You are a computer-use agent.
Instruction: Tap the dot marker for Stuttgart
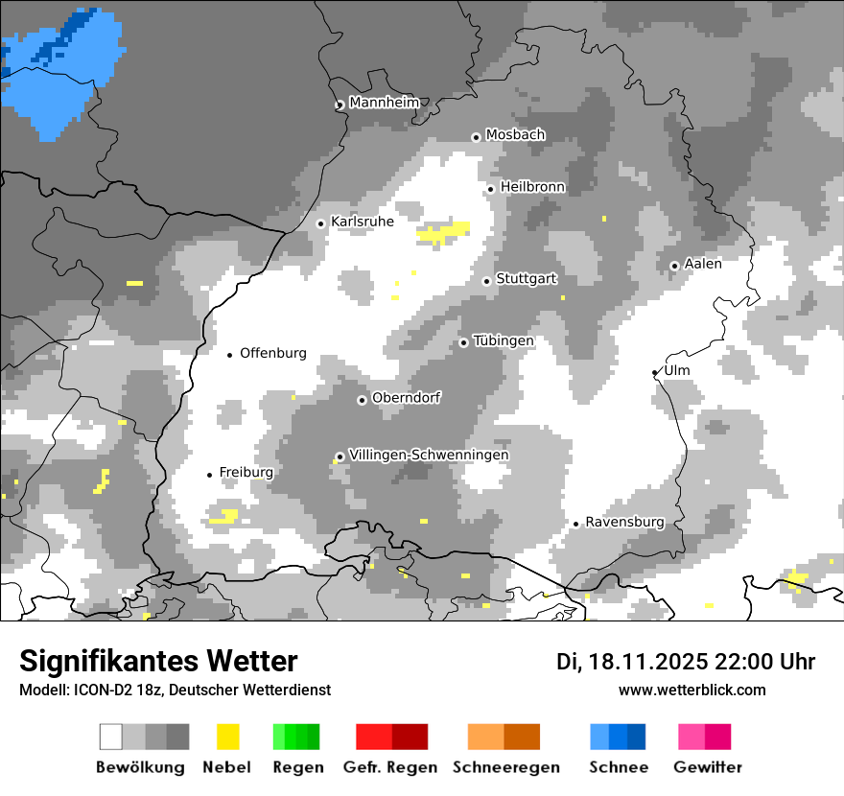(x=487, y=281)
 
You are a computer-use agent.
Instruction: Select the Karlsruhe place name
(x=362, y=222)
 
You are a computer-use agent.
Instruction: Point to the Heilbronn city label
(x=532, y=187)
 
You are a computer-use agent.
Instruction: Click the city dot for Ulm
(x=655, y=372)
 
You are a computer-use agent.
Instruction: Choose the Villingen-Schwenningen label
(x=429, y=455)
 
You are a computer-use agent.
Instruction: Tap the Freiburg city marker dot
(x=209, y=475)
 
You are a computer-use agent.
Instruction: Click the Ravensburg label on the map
(x=624, y=522)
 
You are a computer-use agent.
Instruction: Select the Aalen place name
(x=703, y=264)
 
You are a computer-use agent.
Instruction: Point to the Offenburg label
(x=273, y=353)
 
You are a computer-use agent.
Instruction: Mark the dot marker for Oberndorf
(x=362, y=400)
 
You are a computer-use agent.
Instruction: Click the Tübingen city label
(x=504, y=340)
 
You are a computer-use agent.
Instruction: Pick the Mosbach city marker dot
(x=476, y=137)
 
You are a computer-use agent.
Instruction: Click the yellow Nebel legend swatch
(x=227, y=737)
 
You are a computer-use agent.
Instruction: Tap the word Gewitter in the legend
(x=707, y=767)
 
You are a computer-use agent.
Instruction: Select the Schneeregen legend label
(x=506, y=767)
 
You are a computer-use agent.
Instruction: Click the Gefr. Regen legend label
(x=390, y=767)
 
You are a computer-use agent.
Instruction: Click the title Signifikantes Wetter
(x=158, y=662)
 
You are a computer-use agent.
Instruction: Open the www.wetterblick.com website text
(x=692, y=690)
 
